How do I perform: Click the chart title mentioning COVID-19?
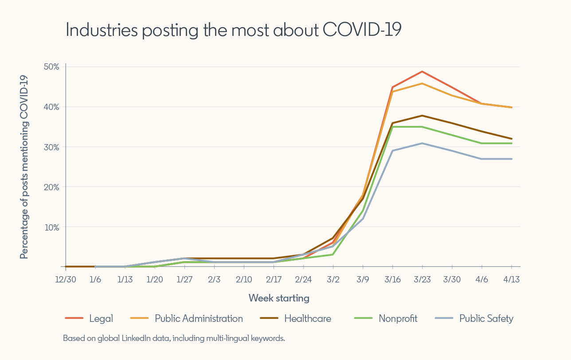(x=233, y=30)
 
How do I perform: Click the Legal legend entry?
(x=101, y=318)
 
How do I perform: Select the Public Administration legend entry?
(x=199, y=318)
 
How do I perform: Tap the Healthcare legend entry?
(x=307, y=318)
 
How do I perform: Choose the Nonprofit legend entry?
(x=398, y=318)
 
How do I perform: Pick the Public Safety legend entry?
(x=486, y=318)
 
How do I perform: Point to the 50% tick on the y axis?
(x=51, y=67)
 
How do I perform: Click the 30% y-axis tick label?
(x=51, y=147)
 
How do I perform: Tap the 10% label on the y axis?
(x=51, y=227)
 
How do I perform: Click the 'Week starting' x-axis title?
(x=279, y=298)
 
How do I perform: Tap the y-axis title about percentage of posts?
(x=24, y=167)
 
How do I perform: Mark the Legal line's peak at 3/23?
(x=422, y=71)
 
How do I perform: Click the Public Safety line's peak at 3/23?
(x=422, y=143)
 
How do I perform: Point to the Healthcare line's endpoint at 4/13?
(x=512, y=139)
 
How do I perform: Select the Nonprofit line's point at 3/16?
(x=393, y=127)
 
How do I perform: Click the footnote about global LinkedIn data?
(x=174, y=338)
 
